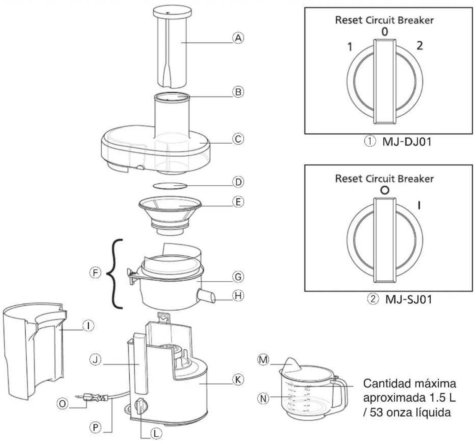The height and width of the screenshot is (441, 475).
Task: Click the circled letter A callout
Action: tap(238, 38)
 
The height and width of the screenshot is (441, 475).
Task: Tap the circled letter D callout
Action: tap(238, 182)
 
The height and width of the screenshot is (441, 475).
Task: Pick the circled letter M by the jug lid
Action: tap(263, 360)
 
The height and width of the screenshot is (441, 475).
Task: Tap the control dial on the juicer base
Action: tap(140, 405)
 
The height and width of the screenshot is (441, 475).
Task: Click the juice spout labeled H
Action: tap(206, 296)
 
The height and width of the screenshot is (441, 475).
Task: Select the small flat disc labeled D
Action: tap(170, 186)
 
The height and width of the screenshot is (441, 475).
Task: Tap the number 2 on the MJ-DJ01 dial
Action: tap(420, 45)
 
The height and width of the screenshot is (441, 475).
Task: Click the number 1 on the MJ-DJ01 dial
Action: tap(350, 47)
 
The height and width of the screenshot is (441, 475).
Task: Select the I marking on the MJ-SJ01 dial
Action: tap(420, 206)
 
